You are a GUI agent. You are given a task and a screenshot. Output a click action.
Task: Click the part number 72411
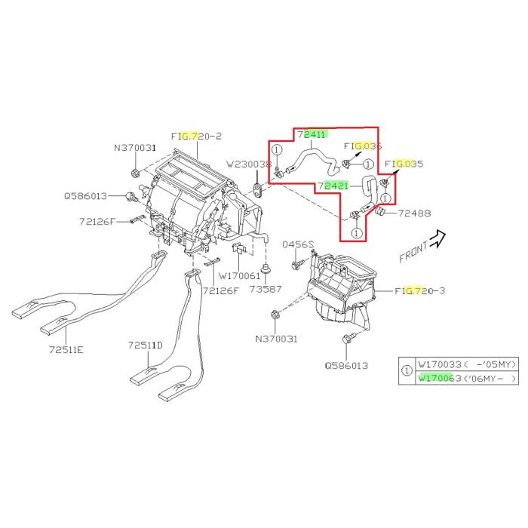(x=312, y=135)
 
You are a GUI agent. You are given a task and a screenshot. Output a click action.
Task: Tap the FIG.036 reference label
(x=363, y=146)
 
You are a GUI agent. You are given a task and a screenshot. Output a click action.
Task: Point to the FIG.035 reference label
(x=404, y=163)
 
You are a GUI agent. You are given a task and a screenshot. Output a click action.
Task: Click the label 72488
(x=414, y=213)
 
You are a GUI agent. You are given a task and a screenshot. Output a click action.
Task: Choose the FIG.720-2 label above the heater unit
(x=197, y=136)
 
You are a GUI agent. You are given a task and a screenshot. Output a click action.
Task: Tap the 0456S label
(x=298, y=244)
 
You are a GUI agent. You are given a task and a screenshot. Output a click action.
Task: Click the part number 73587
(x=266, y=289)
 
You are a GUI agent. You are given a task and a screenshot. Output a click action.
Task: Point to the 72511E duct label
(x=66, y=350)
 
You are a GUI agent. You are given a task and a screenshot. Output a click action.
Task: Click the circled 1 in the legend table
(x=407, y=371)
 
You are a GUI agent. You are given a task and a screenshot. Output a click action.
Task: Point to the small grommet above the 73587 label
(x=266, y=269)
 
